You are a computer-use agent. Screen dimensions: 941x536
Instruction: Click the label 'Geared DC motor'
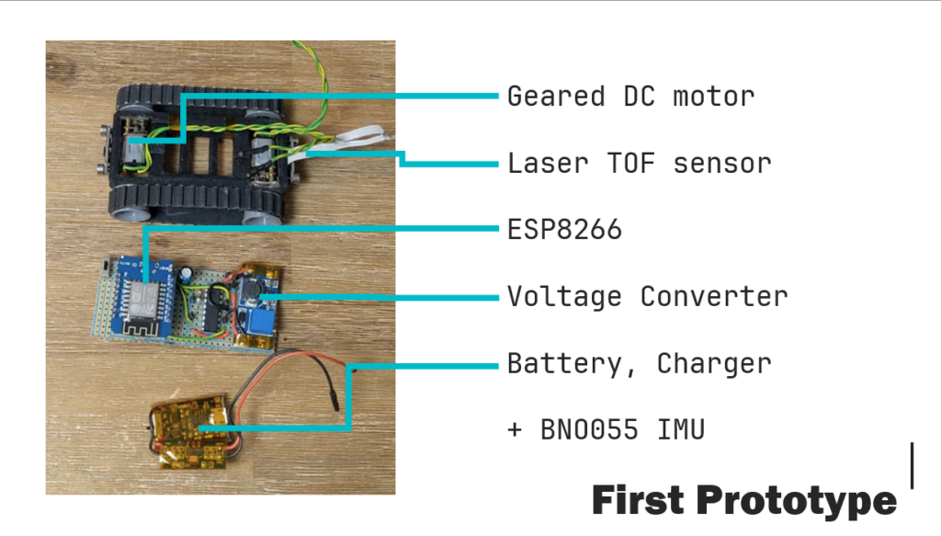coord(630,97)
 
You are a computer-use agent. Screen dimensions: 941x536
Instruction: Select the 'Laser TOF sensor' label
coord(640,164)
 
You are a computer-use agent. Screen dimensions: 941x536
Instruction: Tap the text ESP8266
coord(564,230)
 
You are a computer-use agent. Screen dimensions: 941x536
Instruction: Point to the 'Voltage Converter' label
coord(648,297)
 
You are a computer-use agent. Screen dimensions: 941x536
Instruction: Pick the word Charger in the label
coord(714,364)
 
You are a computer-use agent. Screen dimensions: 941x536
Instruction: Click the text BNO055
coord(589,429)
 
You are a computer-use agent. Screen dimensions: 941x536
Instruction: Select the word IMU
coord(681,429)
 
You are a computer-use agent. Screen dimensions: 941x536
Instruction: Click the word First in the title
coord(638,499)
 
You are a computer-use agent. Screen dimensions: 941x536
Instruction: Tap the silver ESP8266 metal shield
coord(141,300)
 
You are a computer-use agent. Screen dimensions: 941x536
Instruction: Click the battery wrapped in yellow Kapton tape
coord(187,431)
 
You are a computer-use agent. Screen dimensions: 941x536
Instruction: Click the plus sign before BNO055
coord(515,429)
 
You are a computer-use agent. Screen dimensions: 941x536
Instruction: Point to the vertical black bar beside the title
coord(912,466)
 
